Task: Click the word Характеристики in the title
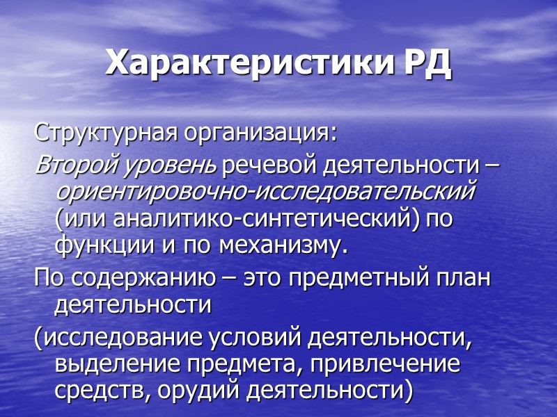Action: pos(250,65)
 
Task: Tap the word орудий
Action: pos(182,391)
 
